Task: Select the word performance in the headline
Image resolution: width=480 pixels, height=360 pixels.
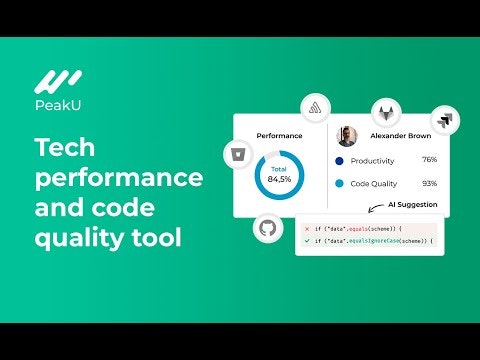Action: [118, 179]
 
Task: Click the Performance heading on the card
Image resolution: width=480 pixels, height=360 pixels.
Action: [279, 134]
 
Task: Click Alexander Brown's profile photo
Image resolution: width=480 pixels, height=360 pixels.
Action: [347, 135]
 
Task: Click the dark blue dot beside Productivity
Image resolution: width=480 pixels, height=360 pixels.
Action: [340, 160]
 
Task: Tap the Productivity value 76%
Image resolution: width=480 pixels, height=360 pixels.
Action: [429, 160]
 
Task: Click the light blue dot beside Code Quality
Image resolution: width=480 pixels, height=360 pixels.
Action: [340, 183]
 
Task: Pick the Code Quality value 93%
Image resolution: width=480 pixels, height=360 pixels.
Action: [429, 183]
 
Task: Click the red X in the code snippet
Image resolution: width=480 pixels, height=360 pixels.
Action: [305, 229]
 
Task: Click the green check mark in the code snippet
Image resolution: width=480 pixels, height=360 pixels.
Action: [305, 242]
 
